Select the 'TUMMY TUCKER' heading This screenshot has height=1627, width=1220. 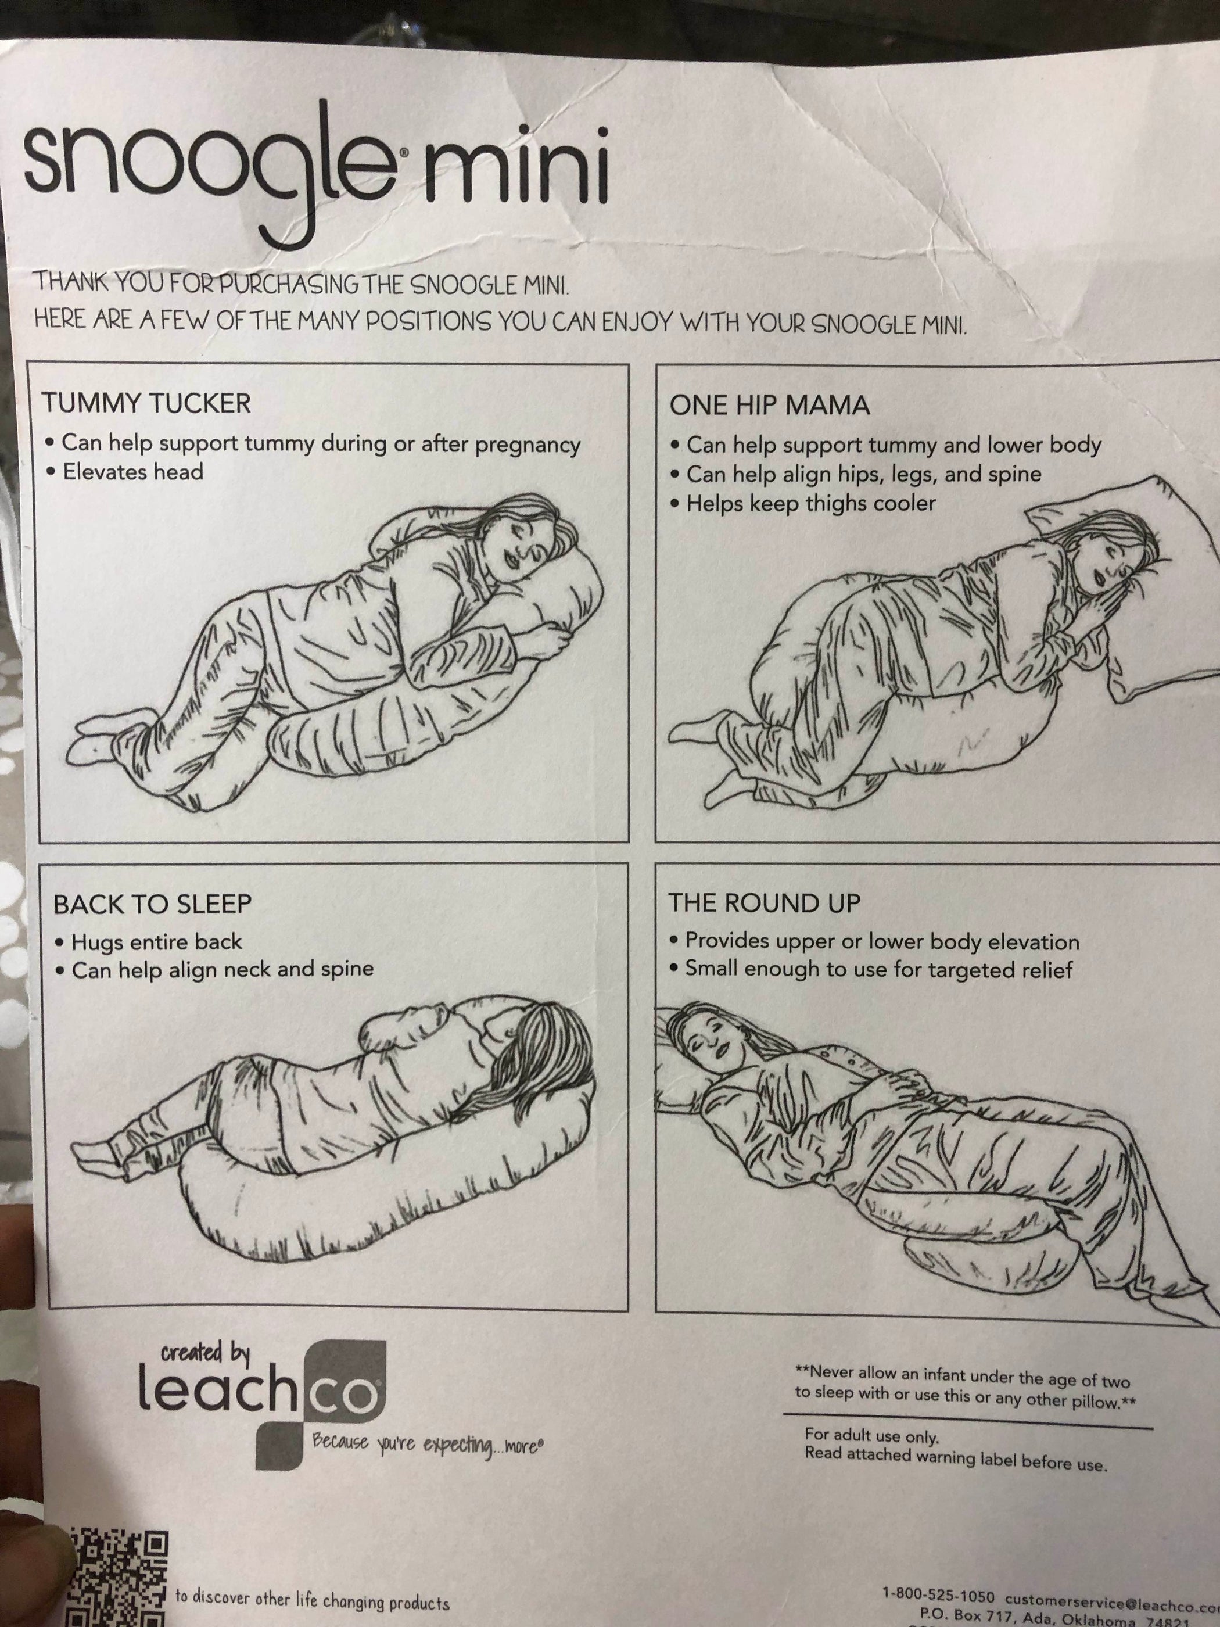coord(146,403)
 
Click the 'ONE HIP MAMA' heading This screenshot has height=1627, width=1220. coord(769,405)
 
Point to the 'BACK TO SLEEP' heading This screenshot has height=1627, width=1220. coord(152,903)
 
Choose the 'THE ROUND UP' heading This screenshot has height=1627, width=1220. coord(764,902)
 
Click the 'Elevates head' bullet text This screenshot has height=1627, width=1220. coord(132,471)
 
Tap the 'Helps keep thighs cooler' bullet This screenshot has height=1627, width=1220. coord(810,504)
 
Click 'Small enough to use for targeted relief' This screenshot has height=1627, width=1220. coord(878,969)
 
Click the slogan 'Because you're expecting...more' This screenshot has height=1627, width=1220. coord(427,1444)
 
